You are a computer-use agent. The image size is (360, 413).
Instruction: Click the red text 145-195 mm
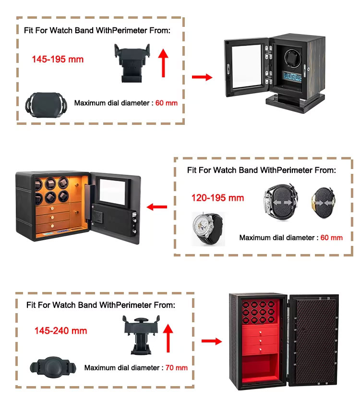tap(58, 60)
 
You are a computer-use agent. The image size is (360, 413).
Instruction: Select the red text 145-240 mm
tap(60, 331)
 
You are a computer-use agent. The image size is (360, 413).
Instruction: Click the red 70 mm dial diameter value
tap(176, 368)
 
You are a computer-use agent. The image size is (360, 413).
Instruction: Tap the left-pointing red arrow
tap(156, 207)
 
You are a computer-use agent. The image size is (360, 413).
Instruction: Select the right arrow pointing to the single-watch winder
tap(202, 77)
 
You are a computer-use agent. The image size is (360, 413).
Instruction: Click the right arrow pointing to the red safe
tap(211, 341)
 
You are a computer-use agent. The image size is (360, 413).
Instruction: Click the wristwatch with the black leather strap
tap(208, 229)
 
